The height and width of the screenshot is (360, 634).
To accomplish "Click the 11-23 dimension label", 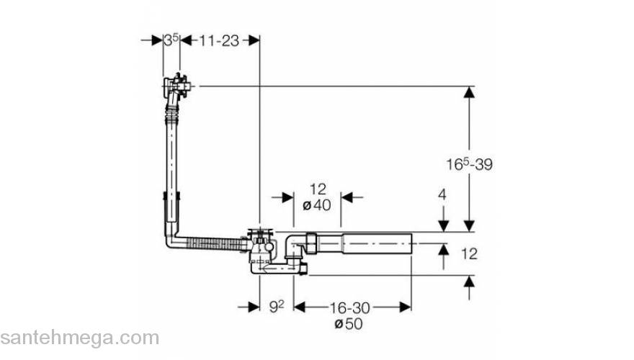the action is [219, 41].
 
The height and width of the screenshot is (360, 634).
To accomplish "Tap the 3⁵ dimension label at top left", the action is [171, 40].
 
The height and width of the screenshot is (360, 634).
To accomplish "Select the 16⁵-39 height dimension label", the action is [470, 164].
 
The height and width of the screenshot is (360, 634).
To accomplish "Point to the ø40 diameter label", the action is [316, 205].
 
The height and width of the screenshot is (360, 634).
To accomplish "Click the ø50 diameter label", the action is [349, 323].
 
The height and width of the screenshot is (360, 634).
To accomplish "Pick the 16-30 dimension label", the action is [349, 308].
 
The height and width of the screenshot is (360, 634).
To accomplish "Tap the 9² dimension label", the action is [277, 307].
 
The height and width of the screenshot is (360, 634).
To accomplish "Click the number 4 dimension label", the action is [442, 194].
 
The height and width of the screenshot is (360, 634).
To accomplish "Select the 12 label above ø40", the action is [318, 189].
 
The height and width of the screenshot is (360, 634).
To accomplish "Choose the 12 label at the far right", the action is [469, 254].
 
